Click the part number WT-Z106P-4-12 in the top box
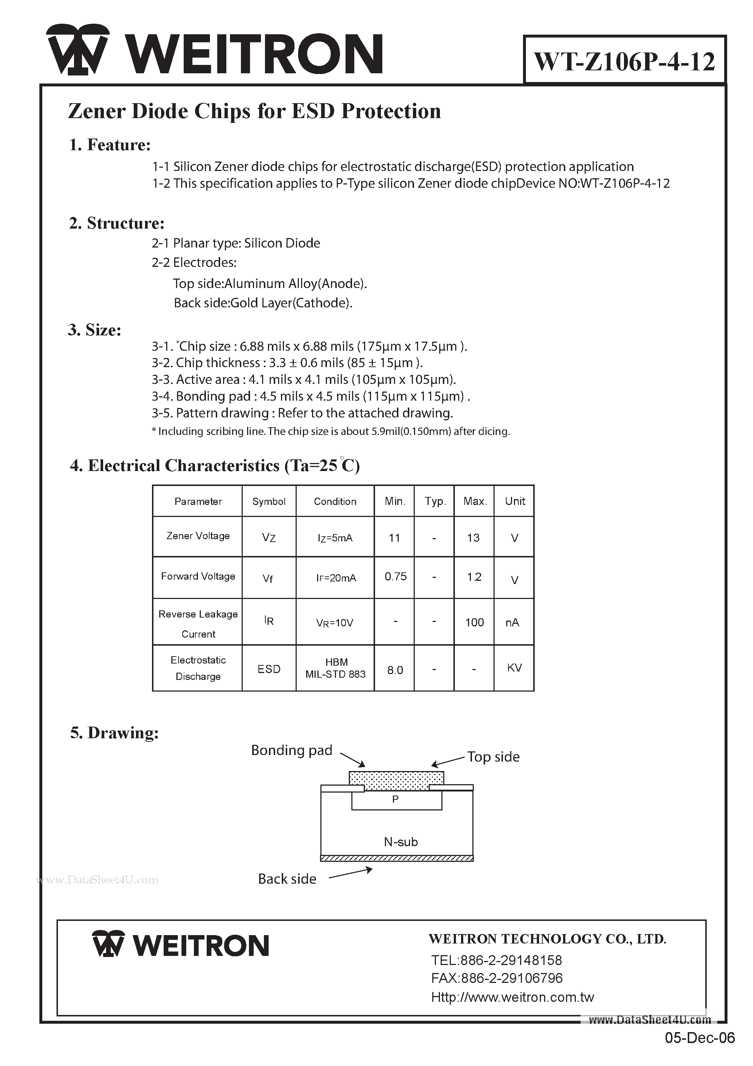click(624, 61)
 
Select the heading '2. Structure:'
click(117, 223)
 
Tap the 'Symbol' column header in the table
click(269, 501)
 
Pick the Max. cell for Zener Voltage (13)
click(473, 538)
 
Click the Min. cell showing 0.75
click(395, 577)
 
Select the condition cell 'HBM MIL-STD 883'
click(335, 668)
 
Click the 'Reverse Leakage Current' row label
click(198, 623)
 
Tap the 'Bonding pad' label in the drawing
click(292, 750)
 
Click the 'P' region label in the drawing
click(395, 799)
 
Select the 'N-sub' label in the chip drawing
click(401, 842)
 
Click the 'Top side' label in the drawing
click(493, 757)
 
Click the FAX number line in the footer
click(496, 978)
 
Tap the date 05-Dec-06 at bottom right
click(700, 1051)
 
